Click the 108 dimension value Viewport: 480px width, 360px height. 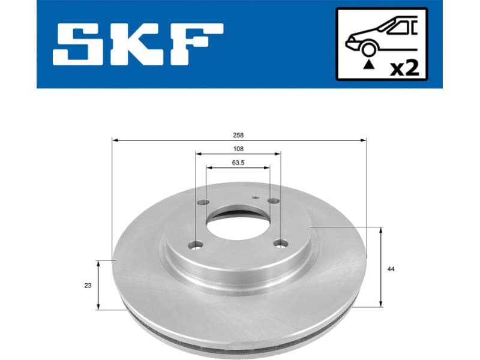coord(238,149)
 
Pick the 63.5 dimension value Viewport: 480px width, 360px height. coord(238,162)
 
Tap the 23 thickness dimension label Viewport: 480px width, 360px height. coord(88,286)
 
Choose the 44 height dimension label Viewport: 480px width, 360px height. coord(391,269)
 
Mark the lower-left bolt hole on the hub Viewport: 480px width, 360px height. coord(194,245)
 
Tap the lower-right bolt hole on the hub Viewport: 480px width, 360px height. coord(279,243)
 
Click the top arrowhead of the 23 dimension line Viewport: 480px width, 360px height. coord(98,263)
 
